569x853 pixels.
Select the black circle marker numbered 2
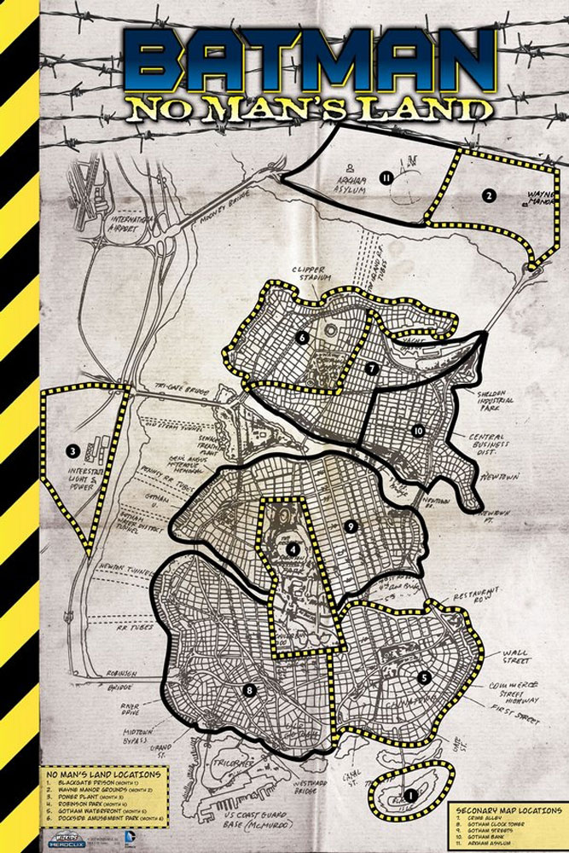(x=489, y=195)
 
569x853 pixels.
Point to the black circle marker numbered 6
(x=302, y=337)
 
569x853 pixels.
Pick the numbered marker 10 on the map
(x=418, y=431)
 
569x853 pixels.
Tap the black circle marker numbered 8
(x=249, y=690)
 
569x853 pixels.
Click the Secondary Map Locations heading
(x=508, y=809)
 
